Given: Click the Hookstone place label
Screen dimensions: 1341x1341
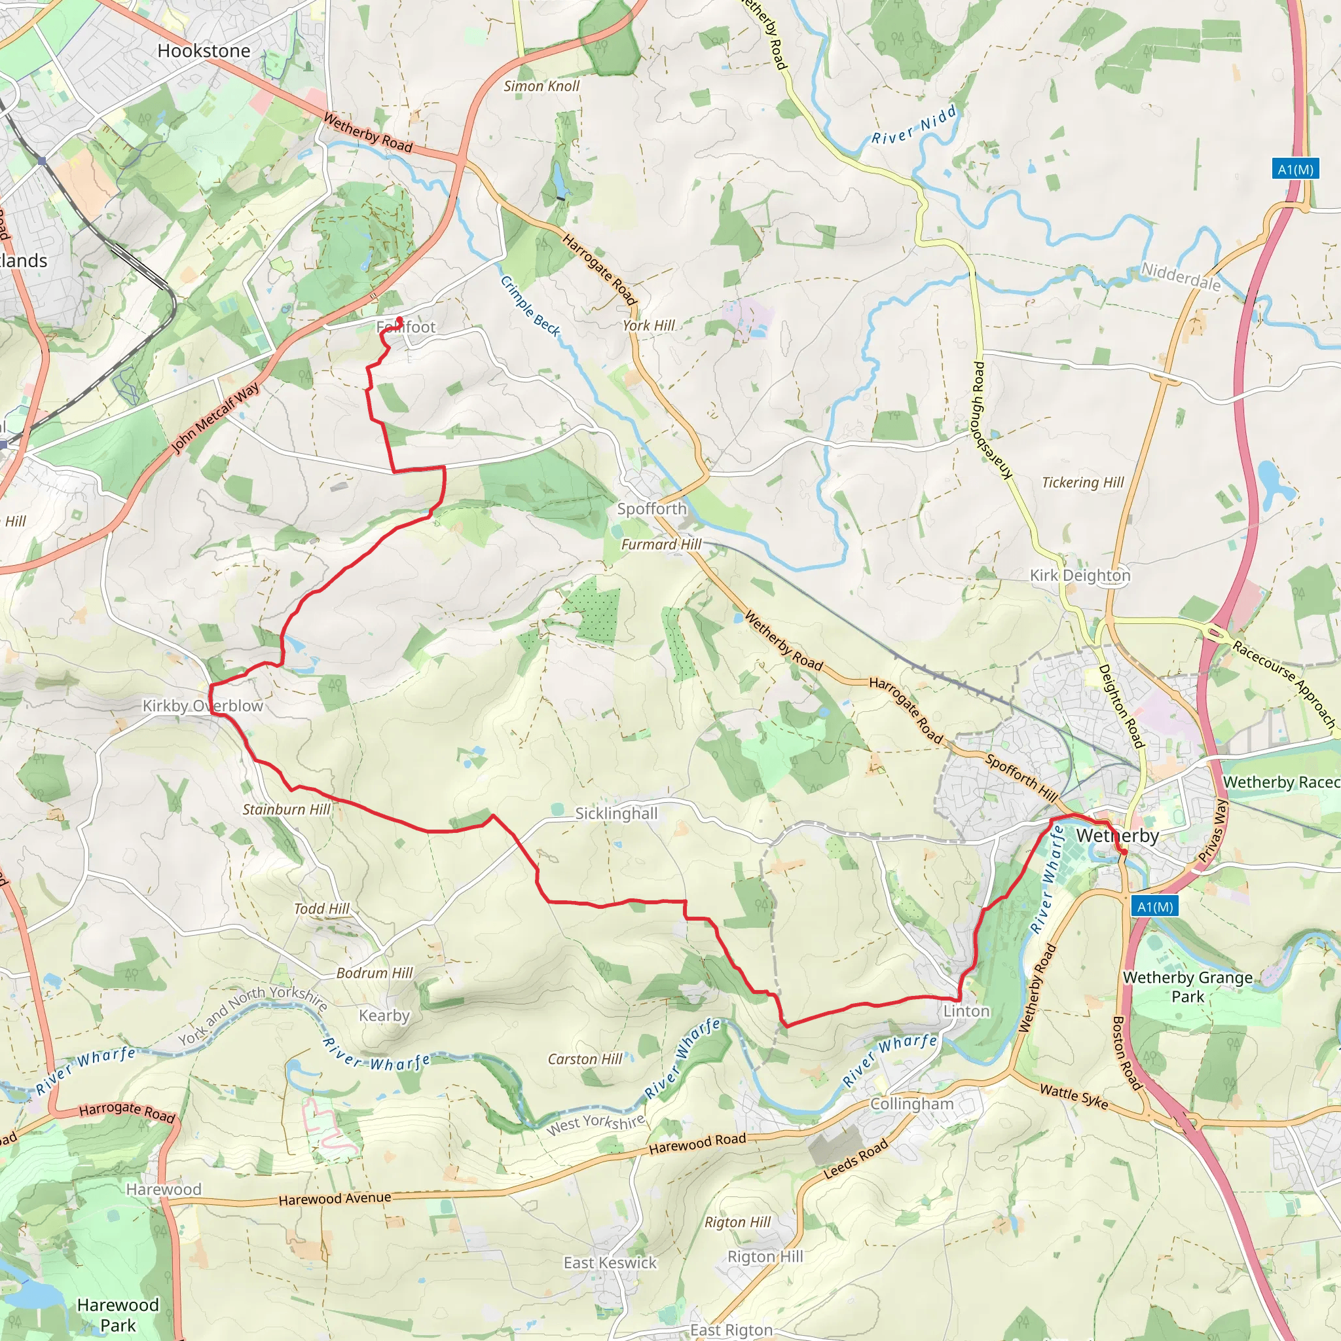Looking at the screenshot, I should (x=204, y=50).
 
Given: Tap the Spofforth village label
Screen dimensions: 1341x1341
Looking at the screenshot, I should (x=652, y=509).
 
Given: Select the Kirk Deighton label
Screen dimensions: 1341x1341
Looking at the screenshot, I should (x=1080, y=576).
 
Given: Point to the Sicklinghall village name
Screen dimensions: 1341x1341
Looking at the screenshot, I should (x=616, y=813).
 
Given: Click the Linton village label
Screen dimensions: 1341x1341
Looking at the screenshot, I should (x=966, y=1011).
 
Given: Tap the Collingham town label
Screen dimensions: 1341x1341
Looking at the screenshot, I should (x=911, y=1103).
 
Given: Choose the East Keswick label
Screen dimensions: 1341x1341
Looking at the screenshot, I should (x=610, y=1262).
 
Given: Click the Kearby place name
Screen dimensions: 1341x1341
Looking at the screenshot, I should (x=384, y=1016).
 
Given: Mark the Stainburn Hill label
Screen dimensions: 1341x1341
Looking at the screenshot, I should (x=286, y=809).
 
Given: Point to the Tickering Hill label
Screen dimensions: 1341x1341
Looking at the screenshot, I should (x=1082, y=483).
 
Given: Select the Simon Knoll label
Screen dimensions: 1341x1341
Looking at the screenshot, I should (x=542, y=86).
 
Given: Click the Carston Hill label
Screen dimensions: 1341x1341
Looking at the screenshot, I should (x=585, y=1059).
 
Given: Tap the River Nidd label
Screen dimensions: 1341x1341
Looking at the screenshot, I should (x=914, y=126).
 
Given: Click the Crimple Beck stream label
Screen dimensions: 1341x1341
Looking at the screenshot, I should (x=530, y=306).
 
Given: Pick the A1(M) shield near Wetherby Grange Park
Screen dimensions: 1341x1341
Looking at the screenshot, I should (x=1155, y=906).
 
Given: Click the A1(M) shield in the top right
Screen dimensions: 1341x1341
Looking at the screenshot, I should (x=1296, y=170).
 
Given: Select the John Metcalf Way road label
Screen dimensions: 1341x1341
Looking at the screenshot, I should (x=215, y=418).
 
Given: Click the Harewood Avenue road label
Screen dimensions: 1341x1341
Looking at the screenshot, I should (x=335, y=1199).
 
